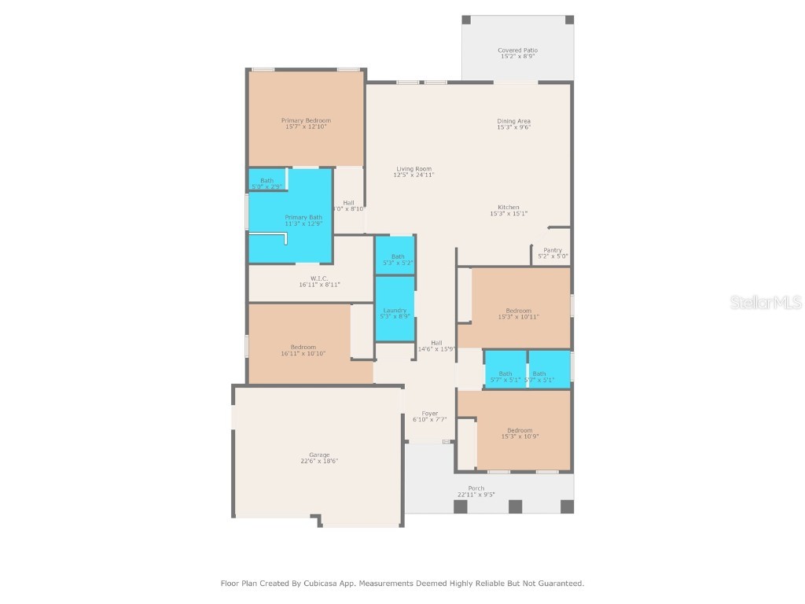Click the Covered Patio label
517,50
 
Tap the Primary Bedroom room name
306,120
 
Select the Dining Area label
513,121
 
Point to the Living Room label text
414,169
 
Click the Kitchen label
508,208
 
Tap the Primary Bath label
303,218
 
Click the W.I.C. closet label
318,278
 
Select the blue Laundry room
395,311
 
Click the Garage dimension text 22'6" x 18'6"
318,461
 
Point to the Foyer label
429,414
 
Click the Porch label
476,488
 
